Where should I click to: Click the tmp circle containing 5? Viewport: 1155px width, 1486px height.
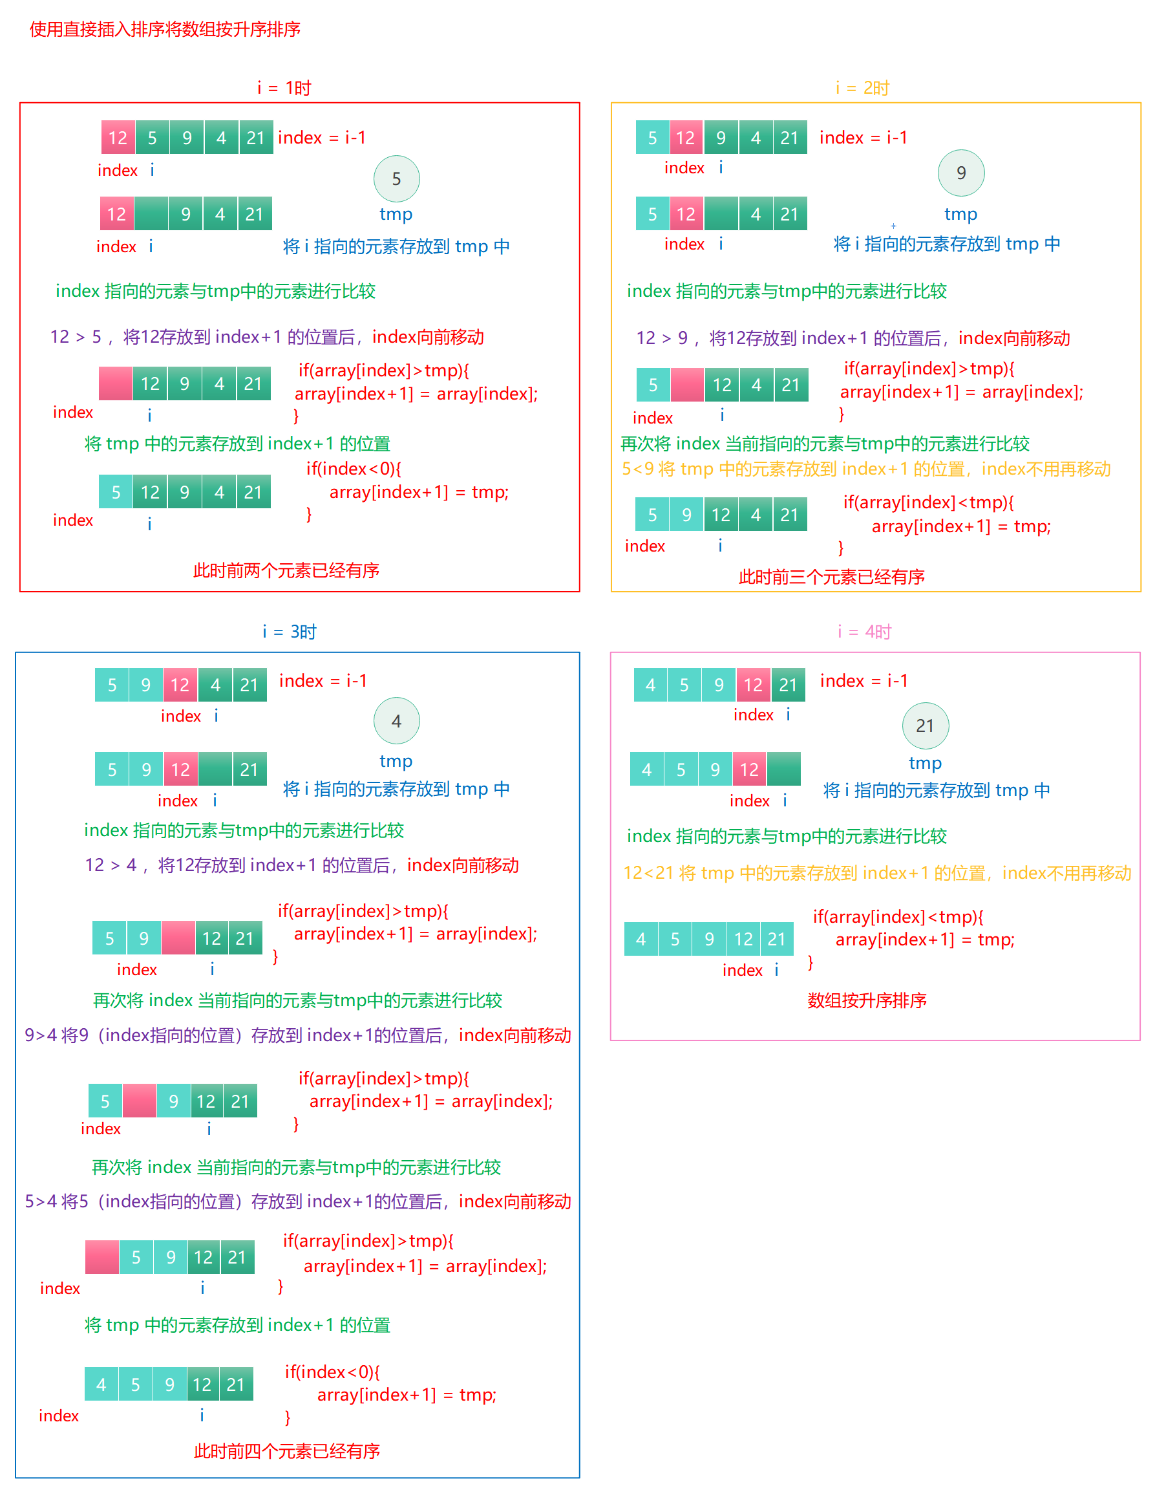tap(396, 179)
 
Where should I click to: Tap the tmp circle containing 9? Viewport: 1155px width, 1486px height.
tap(960, 173)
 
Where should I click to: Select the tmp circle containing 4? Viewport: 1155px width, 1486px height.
tap(396, 721)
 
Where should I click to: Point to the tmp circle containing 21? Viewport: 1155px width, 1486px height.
tap(924, 726)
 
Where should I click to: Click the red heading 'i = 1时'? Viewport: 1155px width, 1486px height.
tap(284, 88)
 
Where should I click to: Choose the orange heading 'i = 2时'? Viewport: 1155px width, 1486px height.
tap(862, 88)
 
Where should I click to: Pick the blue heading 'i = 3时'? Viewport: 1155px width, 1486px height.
tap(289, 632)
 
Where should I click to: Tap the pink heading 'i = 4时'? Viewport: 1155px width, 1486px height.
tap(864, 632)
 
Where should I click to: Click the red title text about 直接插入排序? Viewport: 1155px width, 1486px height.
tap(165, 29)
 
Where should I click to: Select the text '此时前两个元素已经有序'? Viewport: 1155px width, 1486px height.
tap(286, 570)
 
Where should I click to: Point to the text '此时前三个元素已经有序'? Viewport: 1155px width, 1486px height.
tap(831, 577)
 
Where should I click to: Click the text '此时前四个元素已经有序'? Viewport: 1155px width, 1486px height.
tap(286, 1451)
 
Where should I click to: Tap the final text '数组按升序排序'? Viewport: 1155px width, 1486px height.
tap(867, 1000)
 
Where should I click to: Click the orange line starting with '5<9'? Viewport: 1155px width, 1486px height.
tap(865, 469)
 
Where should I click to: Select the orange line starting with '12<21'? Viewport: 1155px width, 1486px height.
tap(877, 873)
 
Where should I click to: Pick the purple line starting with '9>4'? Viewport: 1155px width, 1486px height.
tap(297, 1035)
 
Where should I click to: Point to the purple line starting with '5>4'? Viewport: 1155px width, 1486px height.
tap(297, 1201)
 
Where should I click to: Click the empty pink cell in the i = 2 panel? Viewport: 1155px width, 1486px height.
tap(687, 385)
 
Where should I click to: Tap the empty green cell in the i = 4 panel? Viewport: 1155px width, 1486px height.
tap(783, 770)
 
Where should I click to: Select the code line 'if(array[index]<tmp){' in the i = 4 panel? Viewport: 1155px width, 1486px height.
tap(898, 916)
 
